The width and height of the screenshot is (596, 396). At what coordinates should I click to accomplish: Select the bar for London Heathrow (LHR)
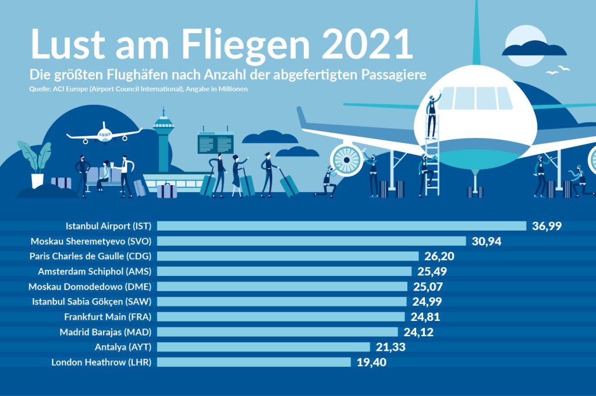click(x=254, y=362)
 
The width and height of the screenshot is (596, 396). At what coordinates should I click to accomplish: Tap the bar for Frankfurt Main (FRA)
click(x=281, y=317)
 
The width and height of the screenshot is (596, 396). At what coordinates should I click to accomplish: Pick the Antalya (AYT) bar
click(x=264, y=347)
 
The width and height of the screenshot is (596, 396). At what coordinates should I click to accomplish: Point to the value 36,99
click(x=547, y=226)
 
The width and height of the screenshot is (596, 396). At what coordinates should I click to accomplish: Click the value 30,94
click(x=487, y=241)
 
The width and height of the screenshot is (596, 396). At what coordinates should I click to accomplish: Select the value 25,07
click(x=428, y=287)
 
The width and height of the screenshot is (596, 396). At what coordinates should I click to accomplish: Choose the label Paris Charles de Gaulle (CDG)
click(x=90, y=256)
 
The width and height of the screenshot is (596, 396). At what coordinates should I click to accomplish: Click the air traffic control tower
click(x=164, y=140)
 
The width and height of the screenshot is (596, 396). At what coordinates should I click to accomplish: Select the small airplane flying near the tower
click(x=104, y=134)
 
